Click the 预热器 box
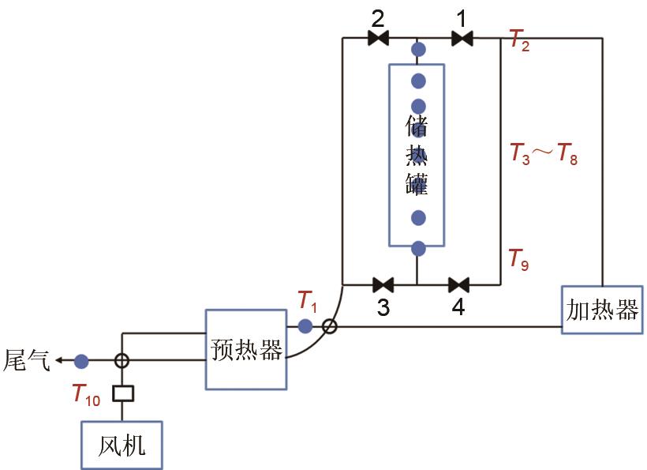pyautogui.click(x=245, y=349)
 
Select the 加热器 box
pyautogui.click(x=602, y=310)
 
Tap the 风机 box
pyautogui.click(x=122, y=446)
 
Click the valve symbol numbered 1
pyautogui.click(x=462, y=38)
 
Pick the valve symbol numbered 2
pyautogui.click(x=379, y=38)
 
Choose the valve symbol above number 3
pyautogui.click(x=383, y=284)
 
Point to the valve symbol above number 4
pyautogui.click(x=458, y=284)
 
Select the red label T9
pyautogui.click(x=518, y=258)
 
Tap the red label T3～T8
pyautogui.click(x=544, y=153)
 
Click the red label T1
pyautogui.click(x=307, y=301)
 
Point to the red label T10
pyautogui.click(x=86, y=394)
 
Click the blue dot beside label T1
pyautogui.click(x=305, y=325)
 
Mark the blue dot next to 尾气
pyautogui.click(x=81, y=361)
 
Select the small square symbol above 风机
pyautogui.click(x=122, y=393)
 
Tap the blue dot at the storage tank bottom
pyautogui.click(x=418, y=249)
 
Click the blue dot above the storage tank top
pyautogui.click(x=418, y=50)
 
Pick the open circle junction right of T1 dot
pyautogui.click(x=330, y=325)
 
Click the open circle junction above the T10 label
pyautogui.click(x=122, y=361)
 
